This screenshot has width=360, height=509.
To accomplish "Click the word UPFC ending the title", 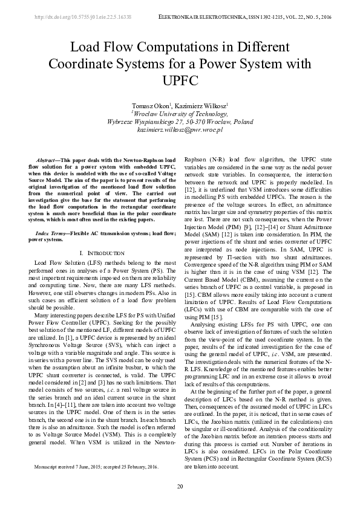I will click(x=180, y=80).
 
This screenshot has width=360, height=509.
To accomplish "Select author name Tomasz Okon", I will click(x=153, y=106).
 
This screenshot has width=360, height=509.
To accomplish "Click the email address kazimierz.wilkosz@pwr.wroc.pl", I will click(x=180, y=129).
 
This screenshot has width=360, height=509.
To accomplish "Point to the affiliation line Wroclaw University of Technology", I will click(x=180, y=113).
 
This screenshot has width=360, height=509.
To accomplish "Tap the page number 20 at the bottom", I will click(x=180, y=487).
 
